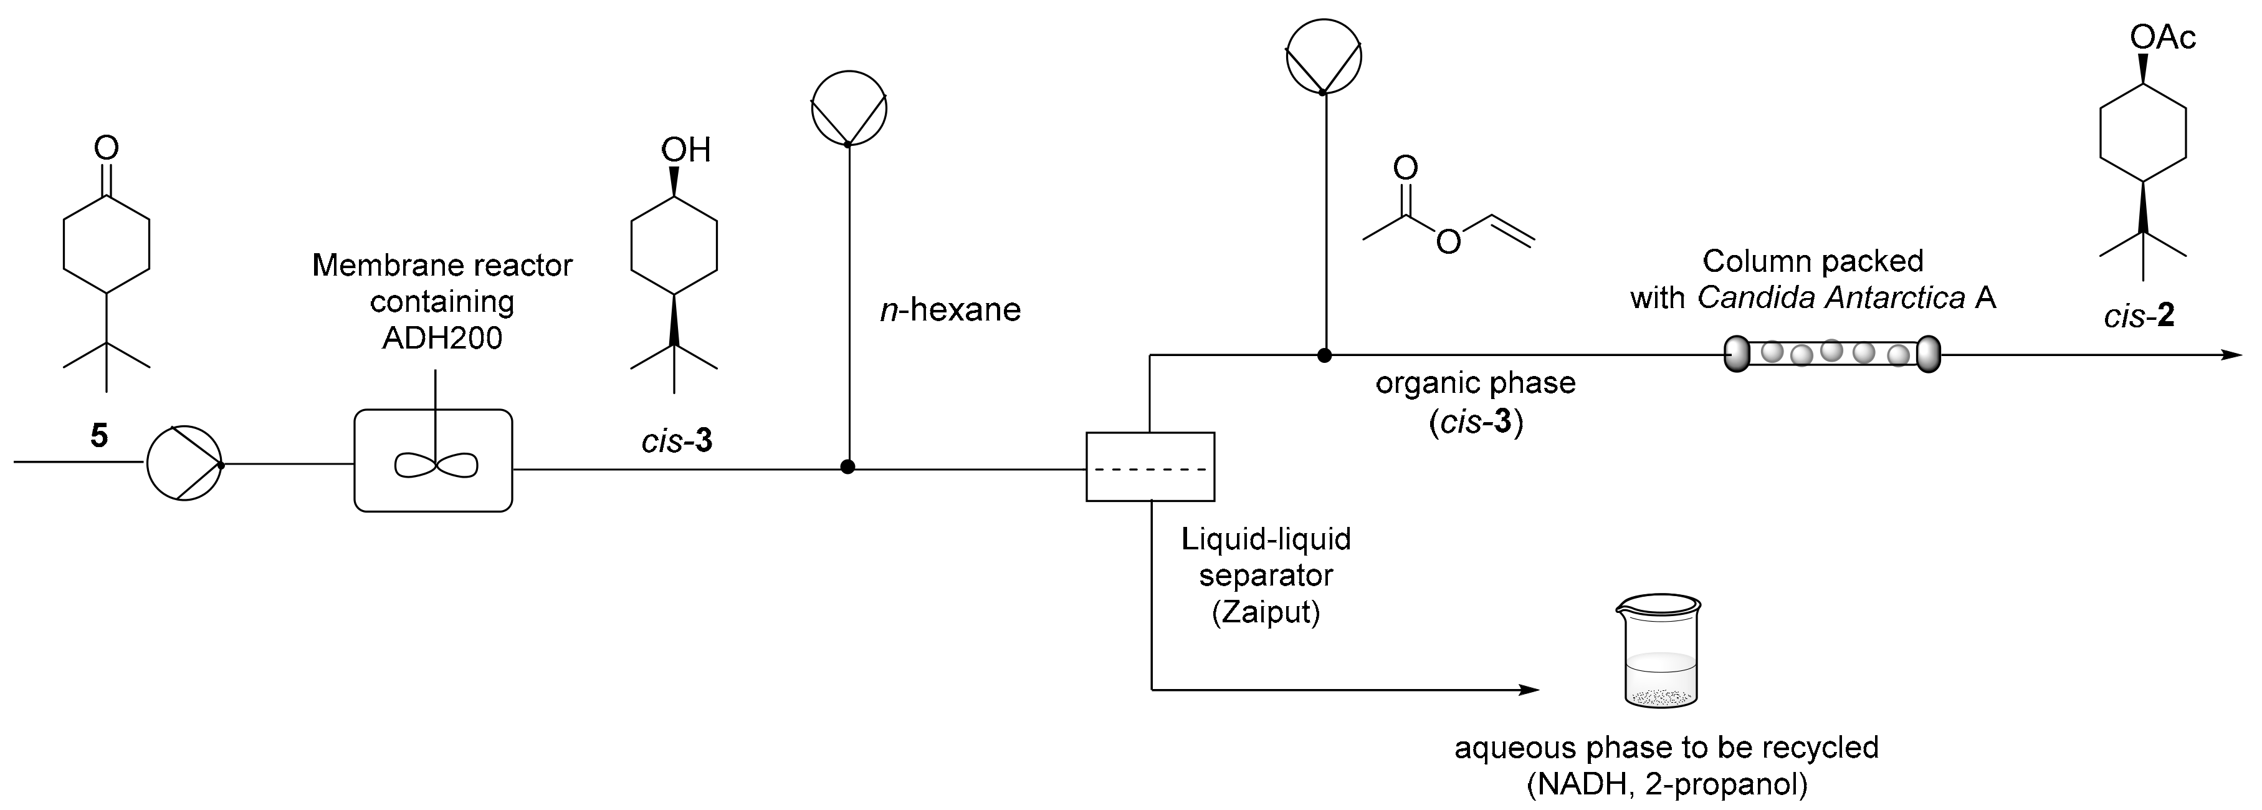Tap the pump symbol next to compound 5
click(x=184, y=464)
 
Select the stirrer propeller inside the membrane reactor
click(x=436, y=465)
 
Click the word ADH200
click(x=442, y=338)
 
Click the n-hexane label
click(x=950, y=310)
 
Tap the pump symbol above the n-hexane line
click(x=848, y=108)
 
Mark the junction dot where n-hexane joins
click(x=847, y=466)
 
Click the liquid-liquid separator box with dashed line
click(x=1150, y=466)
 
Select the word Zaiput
click(x=1266, y=612)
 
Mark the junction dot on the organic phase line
click(x=1324, y=355)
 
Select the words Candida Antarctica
click(x=1831, y=298)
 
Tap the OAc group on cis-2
click(x=2162, y=38)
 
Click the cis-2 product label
click(x=2139, y=316)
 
